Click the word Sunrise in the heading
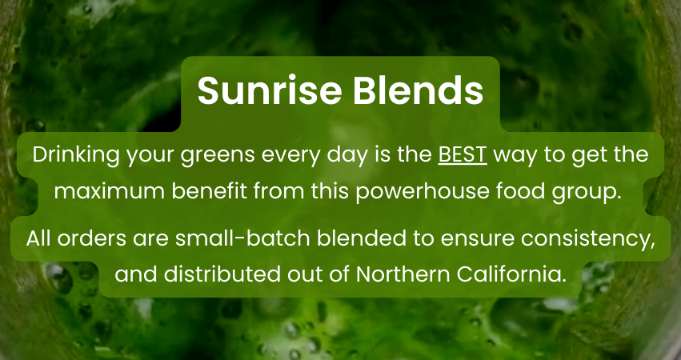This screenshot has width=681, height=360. (x=269, y=90)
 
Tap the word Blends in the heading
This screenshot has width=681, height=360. (x=418, y=90)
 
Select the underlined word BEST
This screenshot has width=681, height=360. (x=463, y=155)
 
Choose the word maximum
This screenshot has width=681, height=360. (x=110, y=191)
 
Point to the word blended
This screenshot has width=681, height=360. (x=362, y=238)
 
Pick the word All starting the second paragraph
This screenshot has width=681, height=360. (x=38, y=238)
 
